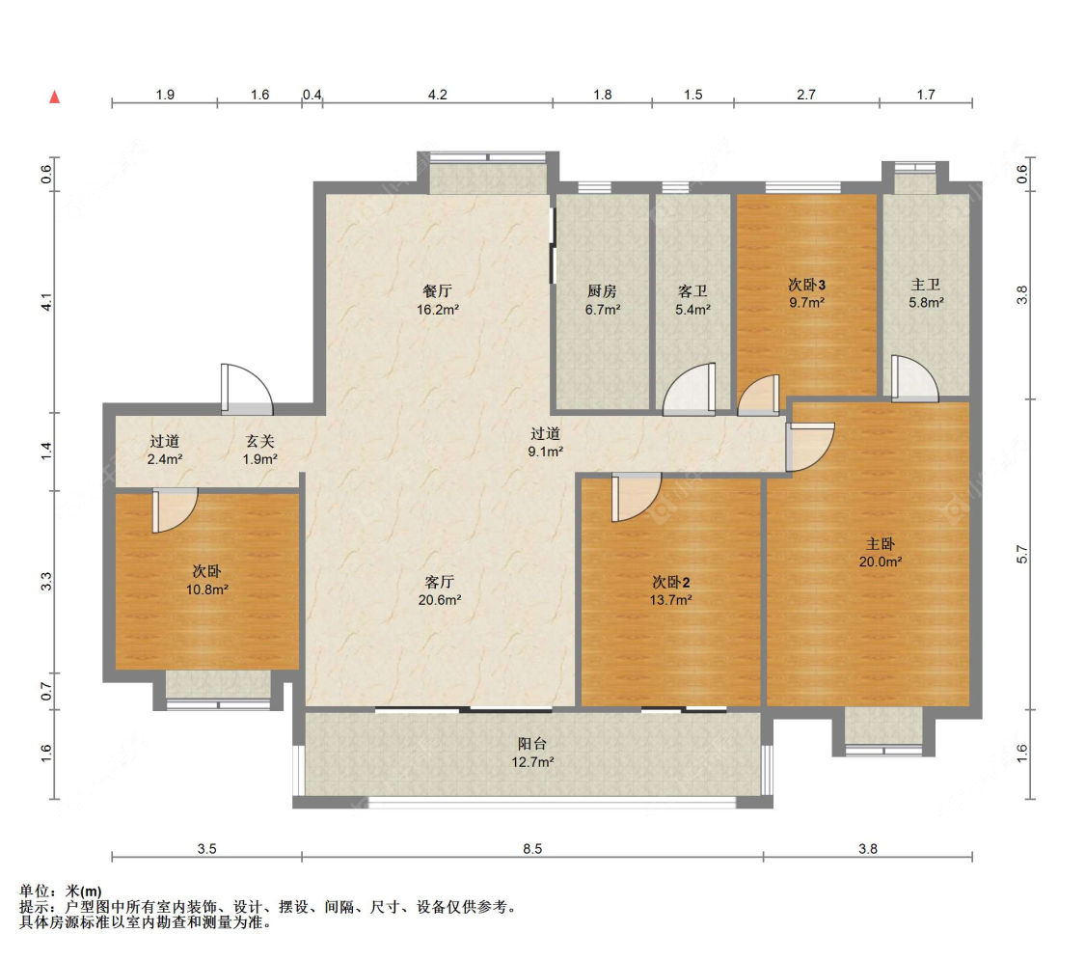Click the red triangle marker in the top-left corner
(56, 96)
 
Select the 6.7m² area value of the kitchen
(603, 310)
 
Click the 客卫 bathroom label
(693, 289)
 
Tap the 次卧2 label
(671, 582)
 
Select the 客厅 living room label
(440, 582)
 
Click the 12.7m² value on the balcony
(532, 762)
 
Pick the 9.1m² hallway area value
(545, 451)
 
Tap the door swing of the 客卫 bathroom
(692, 390)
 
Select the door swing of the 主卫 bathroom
(912, 379)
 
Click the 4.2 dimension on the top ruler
(437, 95)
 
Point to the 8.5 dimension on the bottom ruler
(532, 849)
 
